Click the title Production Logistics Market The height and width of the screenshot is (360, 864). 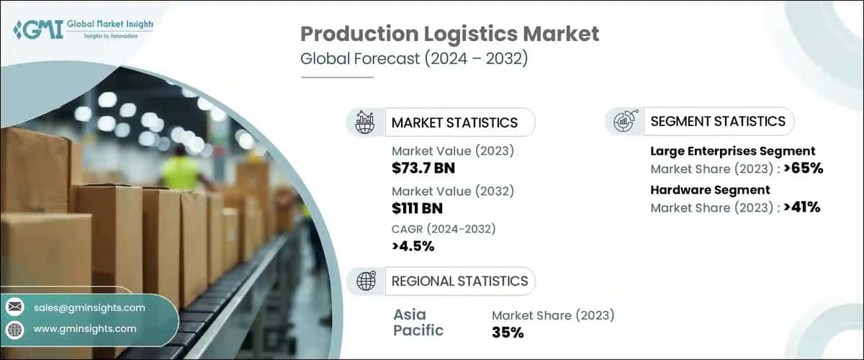[449, 35]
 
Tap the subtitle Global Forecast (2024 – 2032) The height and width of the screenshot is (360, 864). [414, 59]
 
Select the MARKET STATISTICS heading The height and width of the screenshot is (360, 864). [454, 122]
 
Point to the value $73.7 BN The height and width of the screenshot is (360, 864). [423, 168]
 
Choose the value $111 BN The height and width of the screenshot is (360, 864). [417, 209]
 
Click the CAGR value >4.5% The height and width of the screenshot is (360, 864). [413, 247]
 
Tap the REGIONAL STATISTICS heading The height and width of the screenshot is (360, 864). [459, 281]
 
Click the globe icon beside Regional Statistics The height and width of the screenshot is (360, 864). [366, 281]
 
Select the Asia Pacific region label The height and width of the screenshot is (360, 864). [418, 323]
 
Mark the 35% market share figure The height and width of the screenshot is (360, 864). [508, 332]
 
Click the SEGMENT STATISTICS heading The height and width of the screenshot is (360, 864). [717, 121]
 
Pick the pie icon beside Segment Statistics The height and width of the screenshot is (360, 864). [624, 121]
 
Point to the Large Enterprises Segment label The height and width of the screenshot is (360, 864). [732, 151]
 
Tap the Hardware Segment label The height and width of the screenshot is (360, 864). [710, 190]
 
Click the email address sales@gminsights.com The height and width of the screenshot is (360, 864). [89, 307]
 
